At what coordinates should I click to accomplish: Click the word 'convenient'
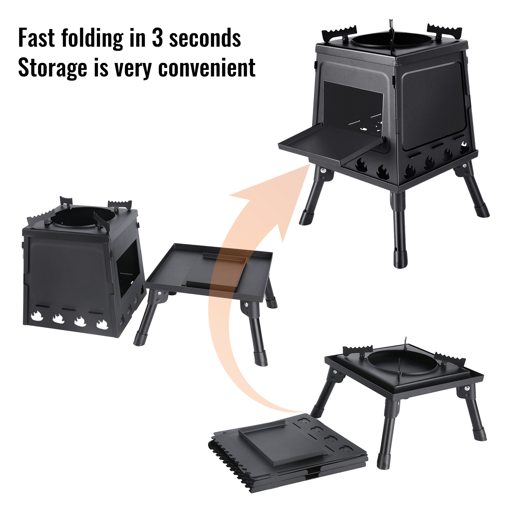coord(207,68)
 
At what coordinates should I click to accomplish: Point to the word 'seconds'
coord(205,38)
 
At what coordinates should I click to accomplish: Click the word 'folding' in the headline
coord(92,38)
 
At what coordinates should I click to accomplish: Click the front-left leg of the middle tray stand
coord(145,319)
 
